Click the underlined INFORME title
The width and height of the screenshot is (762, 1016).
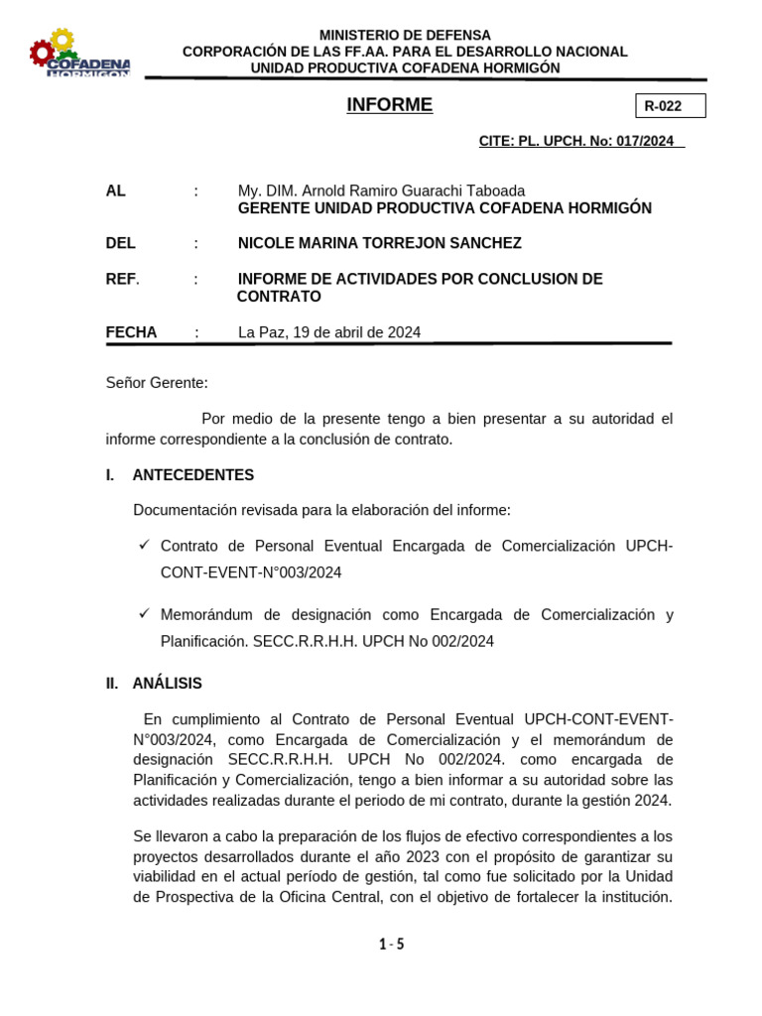pyautogui.click(x=389, y=105)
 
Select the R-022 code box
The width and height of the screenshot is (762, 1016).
pyautogui.click(x=670, y=106)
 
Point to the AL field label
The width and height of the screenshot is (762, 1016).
pyautogui.click(x=116, y=190)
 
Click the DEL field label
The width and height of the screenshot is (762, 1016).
pyautogui.click(x=120, y=243)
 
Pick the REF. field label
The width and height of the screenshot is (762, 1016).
pyautogui.click(x=122, y=279)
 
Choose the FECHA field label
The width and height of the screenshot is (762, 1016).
pyautogui.click(x=131, y=332)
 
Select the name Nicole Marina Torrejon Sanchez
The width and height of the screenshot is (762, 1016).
pyautogui.click(x=379, y=243)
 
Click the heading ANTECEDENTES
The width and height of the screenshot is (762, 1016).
pyautogui.click(x=192, y=475)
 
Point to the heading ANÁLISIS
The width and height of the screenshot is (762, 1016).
pyautogui.click(x=167, y=683)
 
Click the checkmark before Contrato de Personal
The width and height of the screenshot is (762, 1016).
pyautogui.click(x=144, y=545)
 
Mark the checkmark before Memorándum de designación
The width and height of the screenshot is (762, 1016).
pyautogui.click(x=144, y=613)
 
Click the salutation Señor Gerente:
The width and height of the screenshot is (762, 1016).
pyautogui.click(x=157, y=382)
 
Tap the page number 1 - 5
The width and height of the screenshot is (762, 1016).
pyautogui.click(x=391, y=944)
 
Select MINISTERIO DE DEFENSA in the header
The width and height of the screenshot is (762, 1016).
pyautogui.click(x=405, y=36)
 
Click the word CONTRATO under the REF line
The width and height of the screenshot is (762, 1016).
pyautogui.click(x=279, y=297)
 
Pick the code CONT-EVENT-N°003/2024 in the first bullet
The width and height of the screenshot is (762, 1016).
pyautogui.click(x=251, y=572)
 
